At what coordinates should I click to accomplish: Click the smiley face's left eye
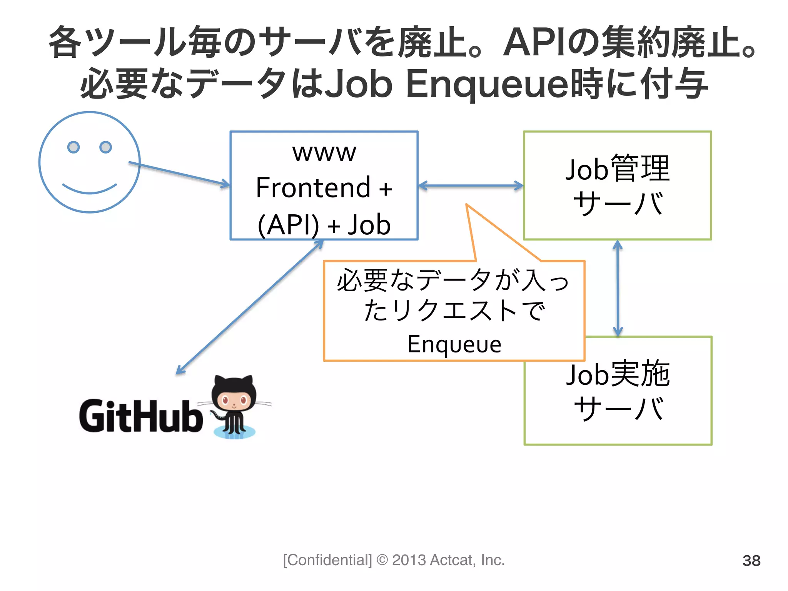pos(73,147)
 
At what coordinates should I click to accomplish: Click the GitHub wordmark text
pos(141,416)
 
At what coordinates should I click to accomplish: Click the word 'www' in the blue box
pos(324,153)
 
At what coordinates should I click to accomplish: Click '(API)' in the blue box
pos(288,225)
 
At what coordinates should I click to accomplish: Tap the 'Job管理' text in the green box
pos(617,168)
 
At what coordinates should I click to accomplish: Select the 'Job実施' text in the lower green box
pos(618,374)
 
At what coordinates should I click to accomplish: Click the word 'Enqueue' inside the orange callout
pos(454,344)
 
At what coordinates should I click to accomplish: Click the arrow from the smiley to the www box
pos(179,174)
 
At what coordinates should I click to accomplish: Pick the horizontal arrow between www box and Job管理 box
pos(470,186)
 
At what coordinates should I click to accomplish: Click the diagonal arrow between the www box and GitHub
pos(249,307)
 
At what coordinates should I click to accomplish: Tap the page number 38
pos(751,561)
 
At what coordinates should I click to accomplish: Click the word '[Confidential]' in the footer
pos(327,560)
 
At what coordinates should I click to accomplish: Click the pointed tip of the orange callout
pos(467,205)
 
